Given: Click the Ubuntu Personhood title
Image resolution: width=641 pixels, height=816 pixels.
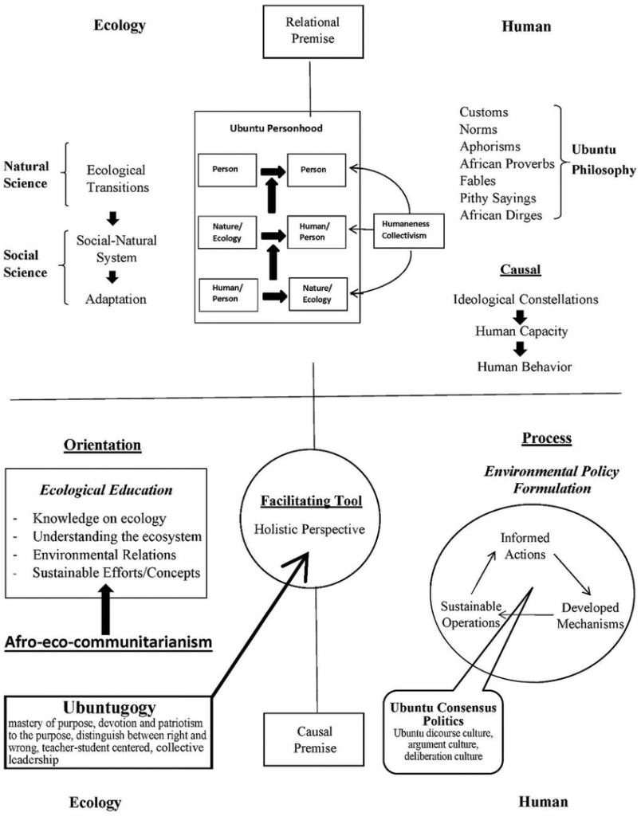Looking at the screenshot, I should coord(273,128).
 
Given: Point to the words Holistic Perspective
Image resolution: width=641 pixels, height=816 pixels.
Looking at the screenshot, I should coord(314,528).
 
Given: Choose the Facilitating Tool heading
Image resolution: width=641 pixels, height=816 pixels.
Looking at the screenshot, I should coord(315,501).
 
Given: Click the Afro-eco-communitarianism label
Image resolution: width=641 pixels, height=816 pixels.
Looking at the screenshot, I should coord(108,641).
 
